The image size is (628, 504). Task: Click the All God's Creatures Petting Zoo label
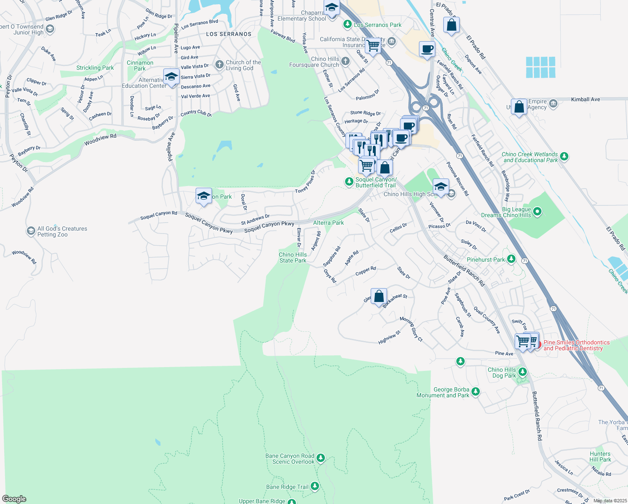pos(62,231)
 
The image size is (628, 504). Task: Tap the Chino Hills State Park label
pos(293,257)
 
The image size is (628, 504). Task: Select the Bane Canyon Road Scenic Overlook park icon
pos(321,458)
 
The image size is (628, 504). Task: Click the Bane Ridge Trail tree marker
pos(315,486)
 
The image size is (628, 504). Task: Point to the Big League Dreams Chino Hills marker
pos(537,212)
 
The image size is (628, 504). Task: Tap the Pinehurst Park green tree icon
pos(511,259)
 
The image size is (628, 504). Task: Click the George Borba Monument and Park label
pos(443,392)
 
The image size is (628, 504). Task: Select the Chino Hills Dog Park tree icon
pos(523,372)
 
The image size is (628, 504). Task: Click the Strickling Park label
pos(95,68)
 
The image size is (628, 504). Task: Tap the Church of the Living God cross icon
pos(219,64)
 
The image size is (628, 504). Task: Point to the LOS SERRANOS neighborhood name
pos(229,34)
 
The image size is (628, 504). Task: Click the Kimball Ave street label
pos(585,100)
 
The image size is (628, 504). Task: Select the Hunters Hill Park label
pos(600,457)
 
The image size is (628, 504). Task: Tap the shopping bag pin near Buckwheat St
pos(379,296)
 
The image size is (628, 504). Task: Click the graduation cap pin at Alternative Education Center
pos(171,77)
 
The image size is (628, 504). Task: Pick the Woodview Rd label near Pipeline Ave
pos(100,139)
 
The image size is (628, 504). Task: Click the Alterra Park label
pos(328,223)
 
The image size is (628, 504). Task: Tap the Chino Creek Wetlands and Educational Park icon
pos(564,157)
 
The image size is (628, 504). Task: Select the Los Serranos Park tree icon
pos(347,24)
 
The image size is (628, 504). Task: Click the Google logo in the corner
pos(14,499)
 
